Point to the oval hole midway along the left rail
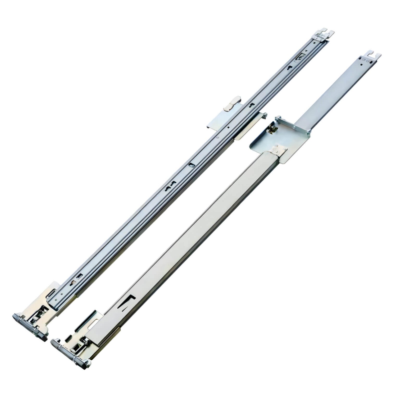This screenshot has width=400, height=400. point(191,165)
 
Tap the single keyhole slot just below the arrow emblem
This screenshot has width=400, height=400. point(290,68)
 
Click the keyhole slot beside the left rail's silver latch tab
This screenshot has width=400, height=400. point(251,105)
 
